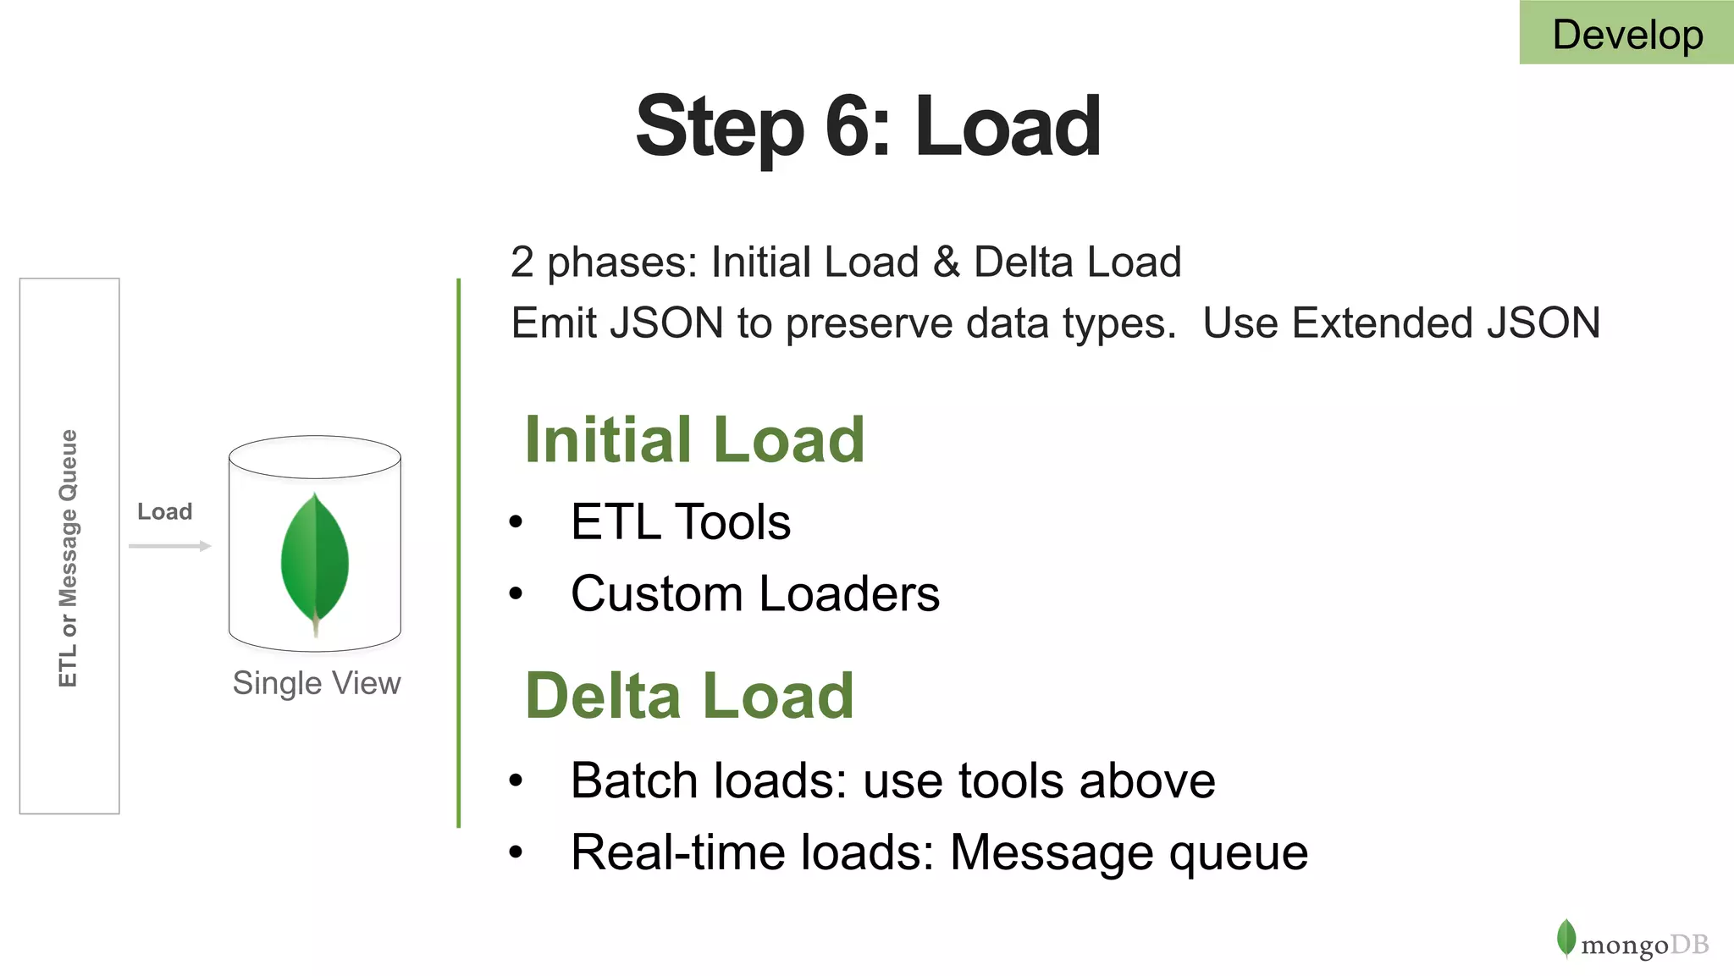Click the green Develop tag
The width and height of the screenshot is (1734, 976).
[1626, 34]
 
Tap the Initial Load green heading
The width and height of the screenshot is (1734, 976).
[694, 440]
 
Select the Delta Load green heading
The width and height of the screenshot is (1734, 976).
[689, 696]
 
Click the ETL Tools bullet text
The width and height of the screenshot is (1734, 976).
[681, 521]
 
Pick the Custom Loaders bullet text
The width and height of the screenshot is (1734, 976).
[754, 593]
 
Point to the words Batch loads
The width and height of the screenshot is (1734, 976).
[708, 780]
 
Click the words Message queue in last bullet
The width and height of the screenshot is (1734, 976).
[1129, 852]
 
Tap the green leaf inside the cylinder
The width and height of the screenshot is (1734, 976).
[315, 559]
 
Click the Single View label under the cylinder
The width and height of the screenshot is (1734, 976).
[317, 683]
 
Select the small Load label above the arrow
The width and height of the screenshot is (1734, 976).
[165, 511]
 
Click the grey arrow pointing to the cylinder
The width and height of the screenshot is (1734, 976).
[169, 546]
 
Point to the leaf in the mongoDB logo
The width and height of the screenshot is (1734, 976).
[1566, 938]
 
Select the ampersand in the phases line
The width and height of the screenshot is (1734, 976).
[947, 262]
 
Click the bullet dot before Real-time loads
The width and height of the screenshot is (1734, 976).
[516, 852]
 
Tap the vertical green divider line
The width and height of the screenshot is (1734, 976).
[458, 550]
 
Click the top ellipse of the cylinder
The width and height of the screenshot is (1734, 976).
[315, 457]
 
